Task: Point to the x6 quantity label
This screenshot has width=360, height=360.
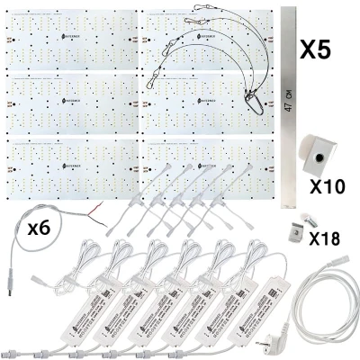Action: click(x=38, y=229)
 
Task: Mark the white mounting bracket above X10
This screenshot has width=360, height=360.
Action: click(x=315, y=153)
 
